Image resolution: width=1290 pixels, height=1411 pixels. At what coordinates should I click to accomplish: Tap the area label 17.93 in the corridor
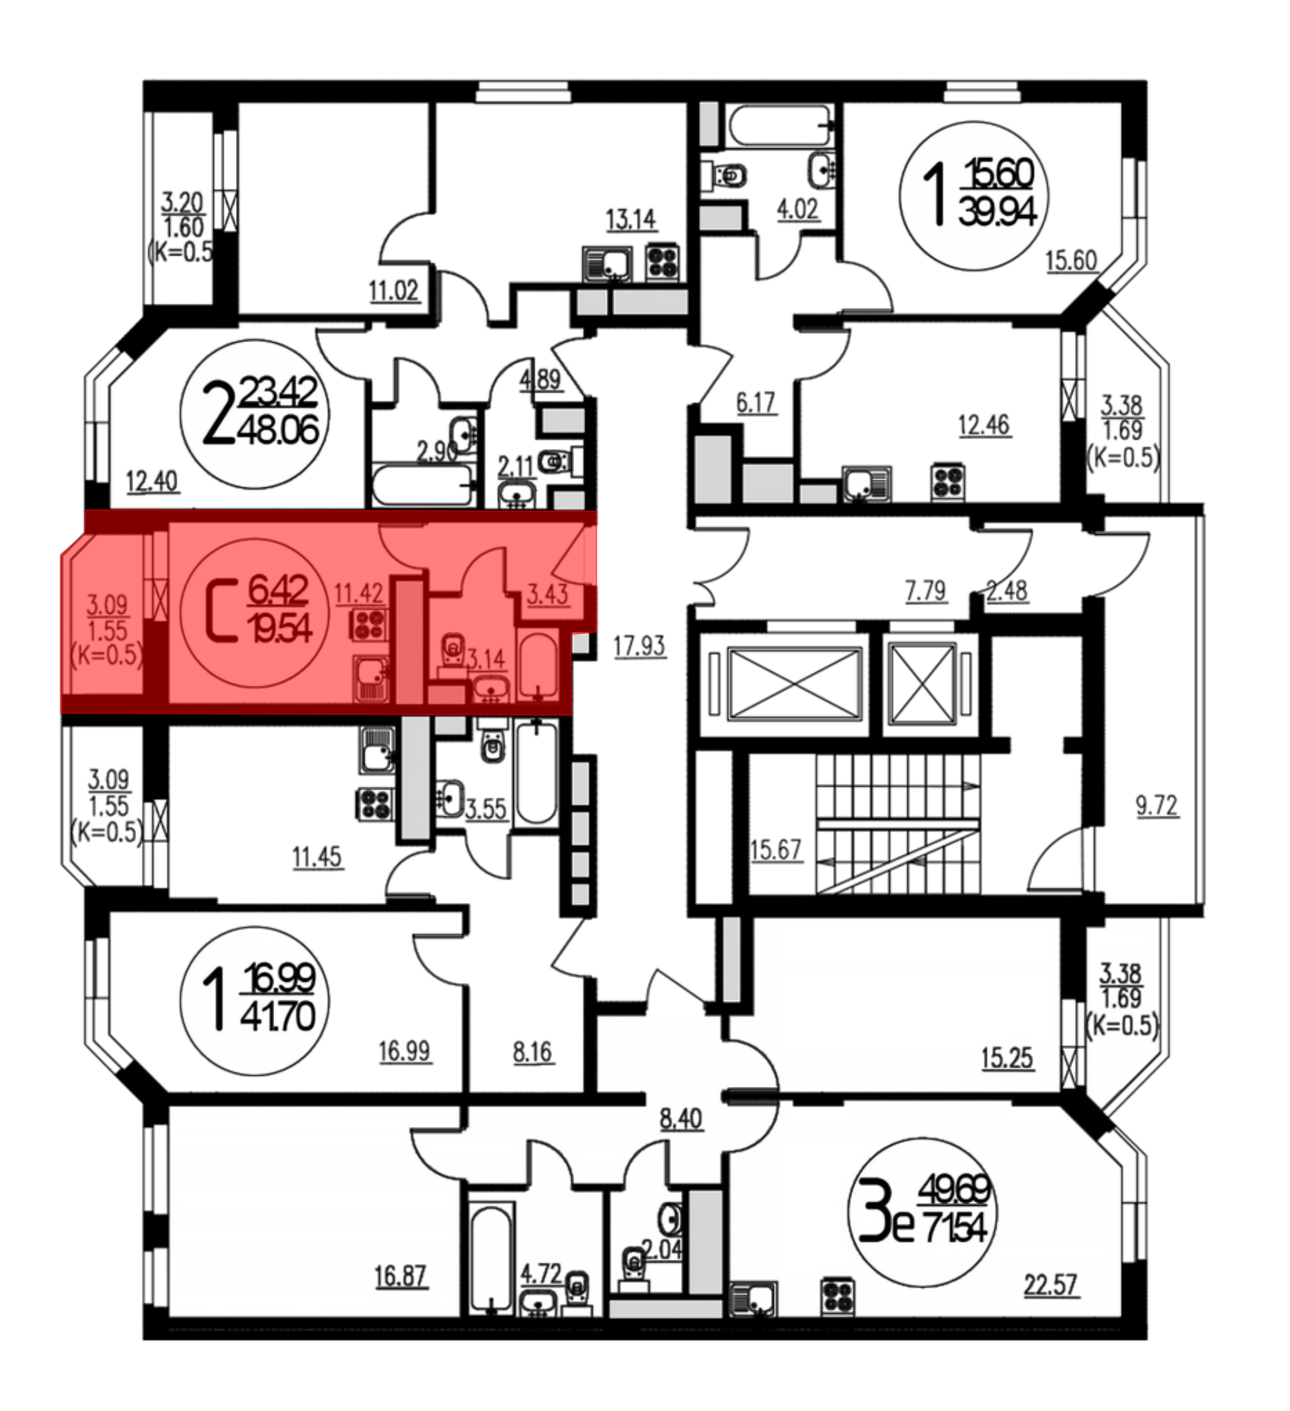(639, 645)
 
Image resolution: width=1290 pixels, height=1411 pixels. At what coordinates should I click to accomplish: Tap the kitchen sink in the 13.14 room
(607, 264)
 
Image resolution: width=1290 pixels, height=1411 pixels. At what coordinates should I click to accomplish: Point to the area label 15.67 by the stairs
(775, 850)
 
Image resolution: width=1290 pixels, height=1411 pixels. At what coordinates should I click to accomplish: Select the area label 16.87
(401, 1276)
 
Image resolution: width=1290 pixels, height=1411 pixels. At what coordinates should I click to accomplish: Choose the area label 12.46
(984, 425)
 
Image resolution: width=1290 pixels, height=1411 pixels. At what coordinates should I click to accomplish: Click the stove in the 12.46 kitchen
(948, 482)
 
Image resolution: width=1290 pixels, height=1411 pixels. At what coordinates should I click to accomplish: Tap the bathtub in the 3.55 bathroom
(537, 773)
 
